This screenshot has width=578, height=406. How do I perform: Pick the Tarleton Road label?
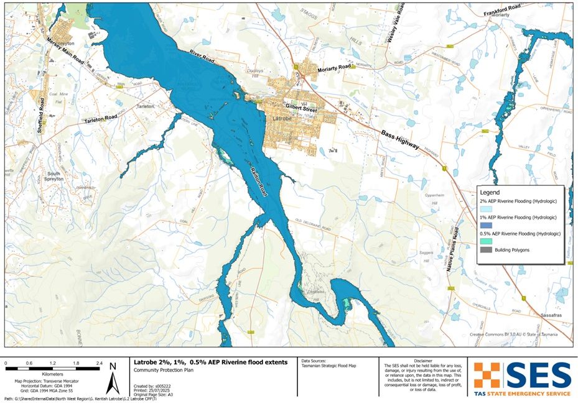tap(101, 117)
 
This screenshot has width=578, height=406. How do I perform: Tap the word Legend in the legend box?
tap(490, 193)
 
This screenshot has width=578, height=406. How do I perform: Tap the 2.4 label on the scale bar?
tap(98, 362)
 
